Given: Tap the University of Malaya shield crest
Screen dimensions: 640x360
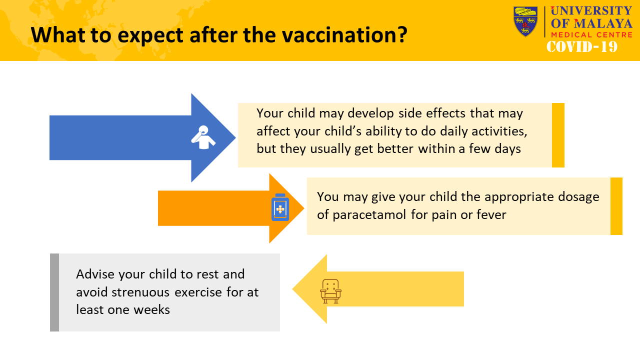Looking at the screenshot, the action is pyautogui.click(x=525, y=21).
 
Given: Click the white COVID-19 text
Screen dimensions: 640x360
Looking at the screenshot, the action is pyautogui.click(x=582, y=46).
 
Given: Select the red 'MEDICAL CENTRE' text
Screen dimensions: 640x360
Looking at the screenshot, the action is pyautogui.click(x=591, y=35).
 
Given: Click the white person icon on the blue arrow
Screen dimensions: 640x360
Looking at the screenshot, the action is pyautogui.click(x=203, y=137).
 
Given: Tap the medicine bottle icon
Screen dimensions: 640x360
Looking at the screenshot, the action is pyautogui.click(x=280, y=207).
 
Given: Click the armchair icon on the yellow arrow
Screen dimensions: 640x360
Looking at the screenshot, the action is pyautogui.click(x=330, y=291).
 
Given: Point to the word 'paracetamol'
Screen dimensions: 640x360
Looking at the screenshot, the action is pyautogui.click(x=369, y=215).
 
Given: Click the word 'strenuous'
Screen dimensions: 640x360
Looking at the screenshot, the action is pyautogui.click(x=140, y=292).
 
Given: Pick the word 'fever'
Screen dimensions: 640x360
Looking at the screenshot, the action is pyautogui.click(x=491, y=215).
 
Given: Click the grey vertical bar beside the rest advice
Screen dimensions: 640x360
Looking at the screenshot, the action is pyautogui.click(x=54, y=292).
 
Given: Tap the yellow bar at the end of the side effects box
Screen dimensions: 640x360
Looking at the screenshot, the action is pyautogui.click(x=558, y=135).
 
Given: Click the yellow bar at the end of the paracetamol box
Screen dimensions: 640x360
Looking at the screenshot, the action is pyautogui.click(x=616, y=206).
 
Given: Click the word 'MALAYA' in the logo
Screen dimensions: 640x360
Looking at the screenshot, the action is pyautogui.click(x=603, y=23).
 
